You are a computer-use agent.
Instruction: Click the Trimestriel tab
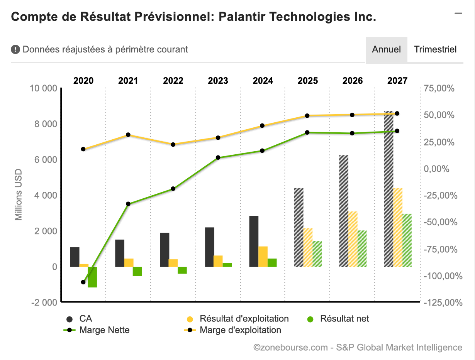pos(435,49)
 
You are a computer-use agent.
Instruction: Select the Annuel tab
pos(386,49)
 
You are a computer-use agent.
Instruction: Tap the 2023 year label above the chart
pos(218,81)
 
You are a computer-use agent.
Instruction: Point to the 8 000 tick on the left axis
pos(44,124)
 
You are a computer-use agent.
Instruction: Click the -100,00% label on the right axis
pos(443,276)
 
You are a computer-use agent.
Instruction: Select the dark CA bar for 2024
pos(254,241)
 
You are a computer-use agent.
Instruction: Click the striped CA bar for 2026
pos(344,211)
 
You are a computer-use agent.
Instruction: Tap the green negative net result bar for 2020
pos(92,277)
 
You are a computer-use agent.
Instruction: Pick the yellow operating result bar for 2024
pos(263,257)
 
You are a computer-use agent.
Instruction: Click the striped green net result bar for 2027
pos(407,240)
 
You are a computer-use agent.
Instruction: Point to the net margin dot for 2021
pos(128,204)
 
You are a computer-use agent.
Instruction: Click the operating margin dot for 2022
pos(173,145)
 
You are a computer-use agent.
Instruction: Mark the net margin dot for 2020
pos(83,282)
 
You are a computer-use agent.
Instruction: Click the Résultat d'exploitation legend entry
pos(244,319)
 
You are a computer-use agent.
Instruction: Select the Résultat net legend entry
pos(344,319)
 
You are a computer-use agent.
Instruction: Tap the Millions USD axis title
pos(19,195)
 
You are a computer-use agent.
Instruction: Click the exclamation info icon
pos(15,49)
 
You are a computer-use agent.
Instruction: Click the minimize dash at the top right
pos(458,13)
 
